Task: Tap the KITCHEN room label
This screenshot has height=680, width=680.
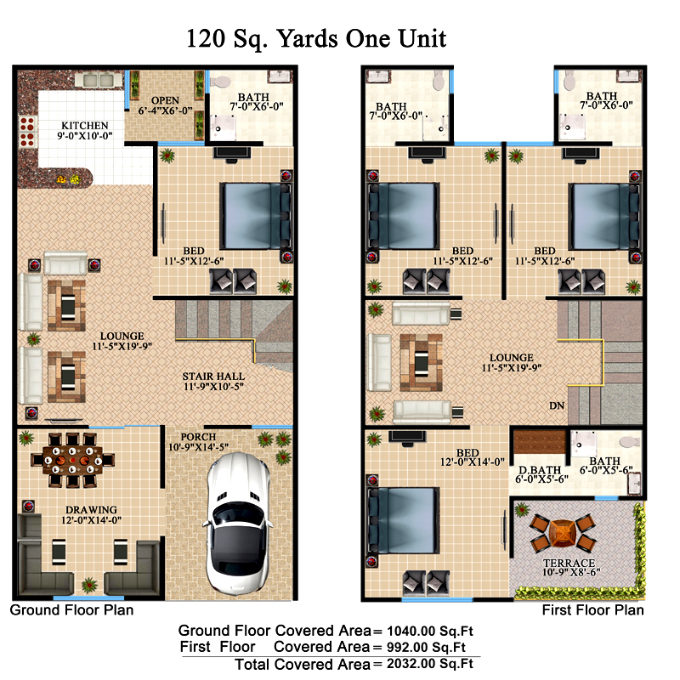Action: [x=85, y=125]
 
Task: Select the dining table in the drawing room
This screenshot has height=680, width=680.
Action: [x=73, y=460]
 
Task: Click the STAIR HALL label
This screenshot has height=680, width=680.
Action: [x=213, y=377]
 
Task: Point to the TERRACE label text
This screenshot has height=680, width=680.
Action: [x=569, y=563]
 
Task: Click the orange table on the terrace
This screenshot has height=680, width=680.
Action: [x=562, y=534]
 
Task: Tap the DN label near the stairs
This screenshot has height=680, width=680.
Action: [x=557, y=406]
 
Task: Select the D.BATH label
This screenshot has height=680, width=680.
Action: [x=540, y=470]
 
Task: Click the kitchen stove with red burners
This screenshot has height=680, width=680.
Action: [x=27, y=132]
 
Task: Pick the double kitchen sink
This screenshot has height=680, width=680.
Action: [x=94, y=80]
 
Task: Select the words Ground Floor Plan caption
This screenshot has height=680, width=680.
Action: [x=71, y=610]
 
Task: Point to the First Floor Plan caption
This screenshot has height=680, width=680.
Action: [x=592, y=610]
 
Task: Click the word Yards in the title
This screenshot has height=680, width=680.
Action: [x=307, y=38]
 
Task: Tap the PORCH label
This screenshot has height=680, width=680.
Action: [x=198, y=437]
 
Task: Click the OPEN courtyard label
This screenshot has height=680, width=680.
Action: [x=165, y=100]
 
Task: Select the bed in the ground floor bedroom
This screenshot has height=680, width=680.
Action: [x=256, y=216]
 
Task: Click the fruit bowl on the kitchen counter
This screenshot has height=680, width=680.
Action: [x=69, y=178]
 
